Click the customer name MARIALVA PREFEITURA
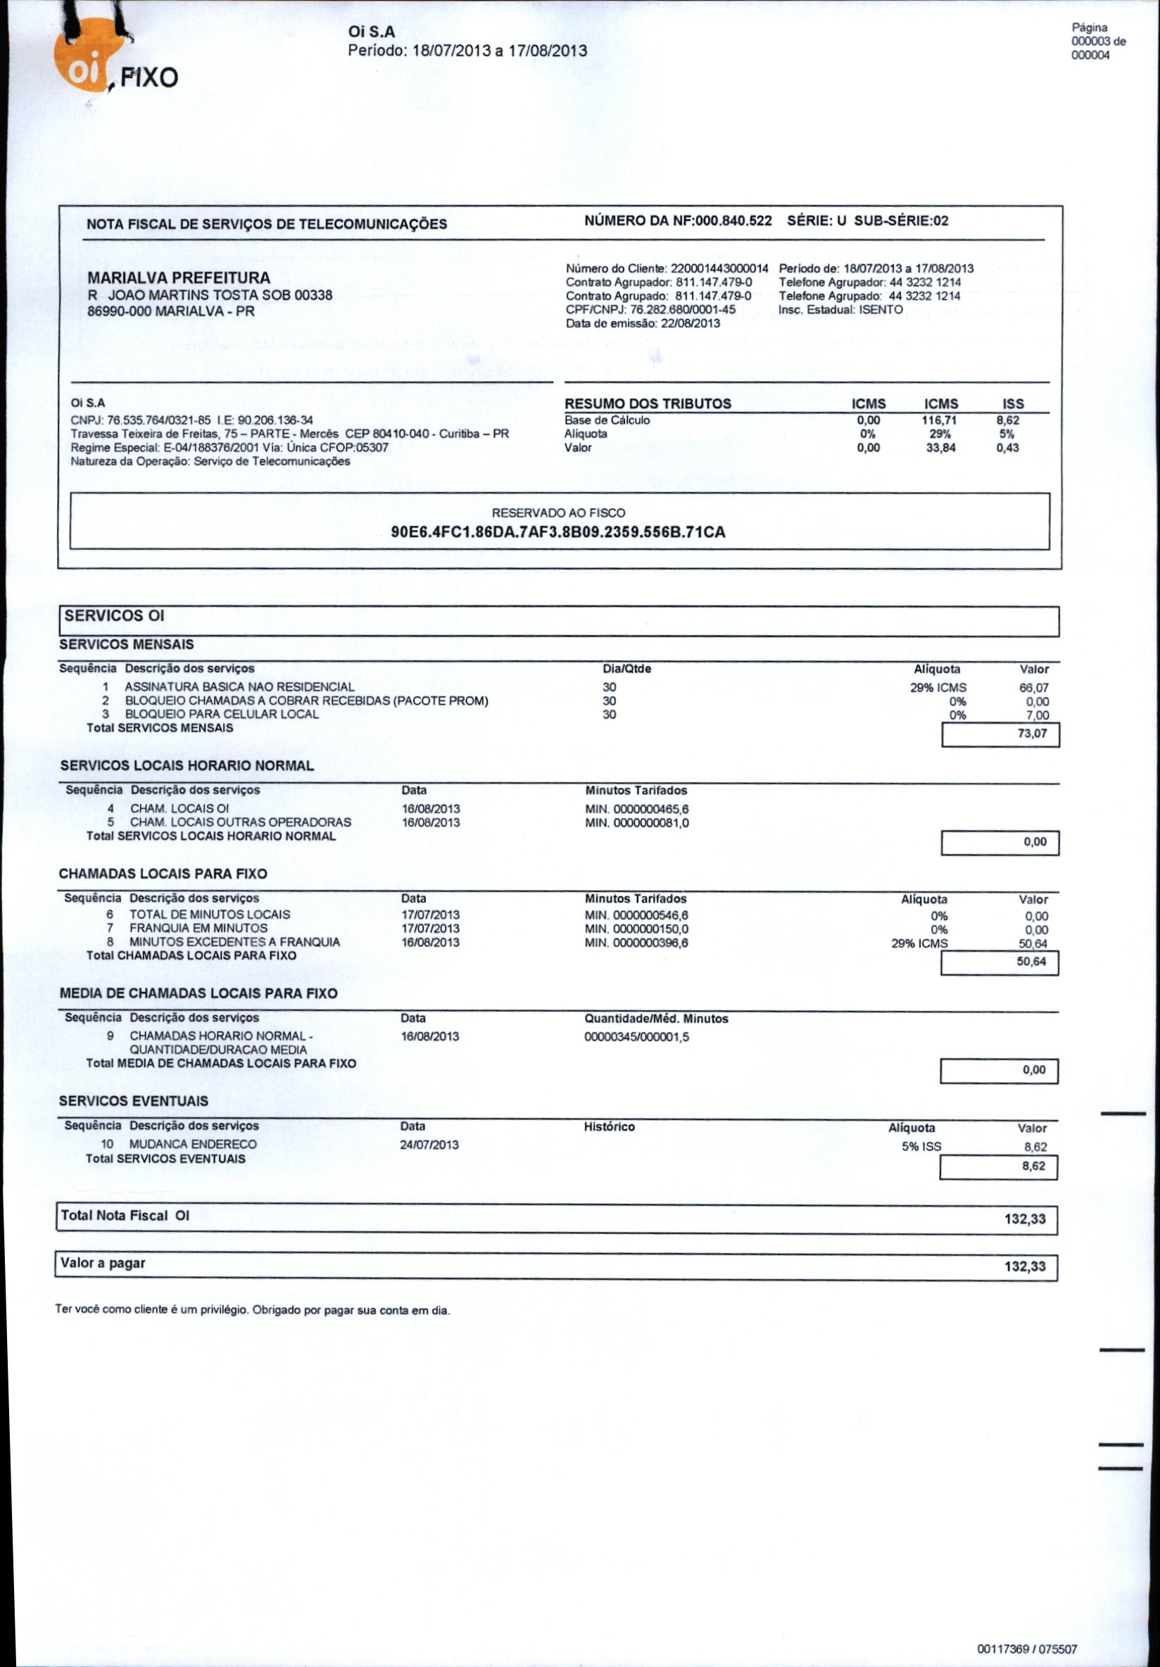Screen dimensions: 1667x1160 coord(179,278)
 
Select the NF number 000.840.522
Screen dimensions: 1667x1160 coord(733,221)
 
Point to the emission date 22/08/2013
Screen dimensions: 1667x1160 coord(690,323)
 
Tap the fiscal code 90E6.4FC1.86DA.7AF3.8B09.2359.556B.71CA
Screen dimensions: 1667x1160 coord(558,532)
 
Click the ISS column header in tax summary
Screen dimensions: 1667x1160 coord(1013,403)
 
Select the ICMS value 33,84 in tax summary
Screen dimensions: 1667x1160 coord(941,448)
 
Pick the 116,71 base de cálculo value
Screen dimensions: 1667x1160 coord(941,420)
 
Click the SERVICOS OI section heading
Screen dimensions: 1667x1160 coord(115,616)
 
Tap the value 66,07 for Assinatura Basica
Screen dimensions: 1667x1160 coord(1034,688)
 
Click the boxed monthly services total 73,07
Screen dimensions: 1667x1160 coord(1032,734)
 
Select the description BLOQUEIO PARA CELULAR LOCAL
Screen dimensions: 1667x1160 coord(222,715)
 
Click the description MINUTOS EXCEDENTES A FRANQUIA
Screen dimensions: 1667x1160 coord(234,943)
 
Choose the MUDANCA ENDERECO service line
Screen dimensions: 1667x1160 coord(193,1144)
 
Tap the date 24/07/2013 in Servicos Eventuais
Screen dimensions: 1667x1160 coord(430,1145)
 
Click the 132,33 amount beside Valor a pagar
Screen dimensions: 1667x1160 coord(1025,1267)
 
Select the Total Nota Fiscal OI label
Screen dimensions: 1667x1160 coord(125,1215)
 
